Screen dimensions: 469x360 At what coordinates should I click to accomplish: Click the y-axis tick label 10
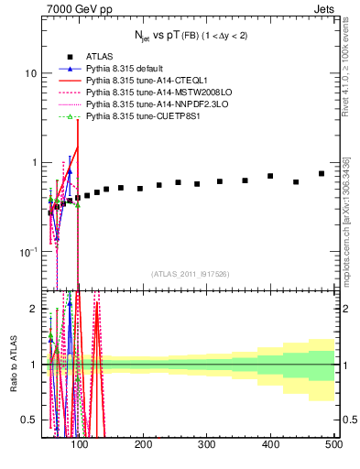pyautogui.click(x=30, y=72)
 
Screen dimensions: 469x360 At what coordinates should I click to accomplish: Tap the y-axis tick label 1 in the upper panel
pyautogui.click(x=34, y=162)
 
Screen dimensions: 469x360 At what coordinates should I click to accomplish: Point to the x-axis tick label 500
pyautogui.click(x=333, y=444)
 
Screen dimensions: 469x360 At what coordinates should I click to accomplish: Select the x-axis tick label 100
pyautogui.click(x=80, y=444)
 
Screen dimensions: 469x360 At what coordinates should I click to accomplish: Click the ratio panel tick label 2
pyautogui.click(x=35, y=309)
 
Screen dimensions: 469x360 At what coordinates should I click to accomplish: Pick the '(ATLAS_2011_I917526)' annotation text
pyautogui.click(x=189, y=274)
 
